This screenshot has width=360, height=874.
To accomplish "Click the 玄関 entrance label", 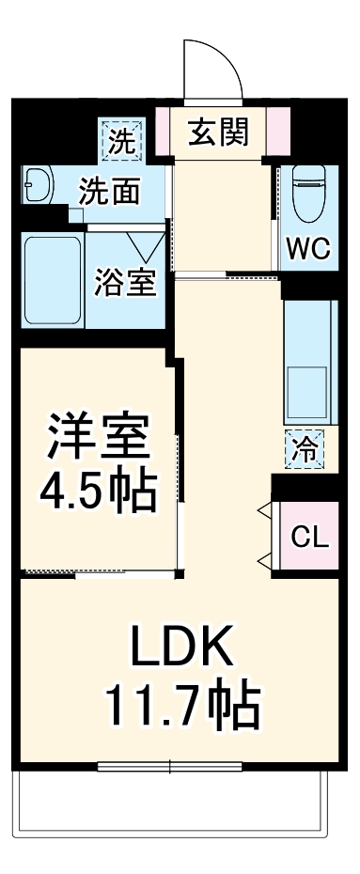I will click(x=222, y=133).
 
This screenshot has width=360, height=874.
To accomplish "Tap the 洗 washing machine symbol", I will click(x=120, y=140).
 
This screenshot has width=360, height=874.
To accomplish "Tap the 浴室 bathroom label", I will click(x=124, y=284).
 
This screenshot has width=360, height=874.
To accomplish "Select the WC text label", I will click(x=307, y=249).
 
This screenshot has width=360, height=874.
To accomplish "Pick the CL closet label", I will click(x=309, y=538).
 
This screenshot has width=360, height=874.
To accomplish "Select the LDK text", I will click(x=180, y=648).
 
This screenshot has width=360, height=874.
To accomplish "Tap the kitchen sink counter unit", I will click(x=307, y=363).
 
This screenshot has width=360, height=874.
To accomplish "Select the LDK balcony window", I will click(x=170, y=765).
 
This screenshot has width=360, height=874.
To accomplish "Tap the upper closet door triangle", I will click(x=264, y=513).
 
